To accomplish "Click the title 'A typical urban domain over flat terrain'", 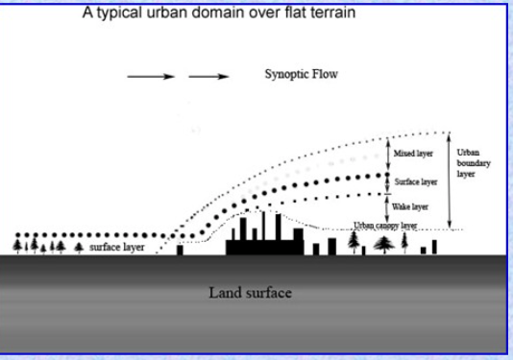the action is (x=219, y=13).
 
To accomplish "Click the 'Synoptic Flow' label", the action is (x=301, y=74).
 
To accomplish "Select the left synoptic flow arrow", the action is (x=151, y=77).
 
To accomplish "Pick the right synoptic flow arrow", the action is (x=208, y=77).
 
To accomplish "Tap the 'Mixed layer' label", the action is (x=413, y=154).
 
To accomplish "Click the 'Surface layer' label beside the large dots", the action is (x=416, y=181).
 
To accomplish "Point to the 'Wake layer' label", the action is (x=410, y=206).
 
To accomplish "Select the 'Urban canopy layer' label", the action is (x=385, y=226).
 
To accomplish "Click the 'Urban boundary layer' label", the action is (x=473, y=163).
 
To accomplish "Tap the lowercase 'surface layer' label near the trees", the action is (x=117, y=247).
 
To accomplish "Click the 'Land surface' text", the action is (x=251, y=293).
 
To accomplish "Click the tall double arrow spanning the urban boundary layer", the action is (x=450, y=180).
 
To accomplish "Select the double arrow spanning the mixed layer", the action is (x=388, y=155).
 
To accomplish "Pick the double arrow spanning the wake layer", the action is (x=387, y=208).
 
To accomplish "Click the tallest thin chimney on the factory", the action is (x=263, y=226).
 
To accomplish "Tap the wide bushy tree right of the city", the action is (x=384, y=245).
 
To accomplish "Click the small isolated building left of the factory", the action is (x=180, y=250).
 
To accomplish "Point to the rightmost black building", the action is (x=434, y=247).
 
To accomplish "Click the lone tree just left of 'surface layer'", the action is (x=79, y=248).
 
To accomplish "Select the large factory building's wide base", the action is (x=265, y=248).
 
